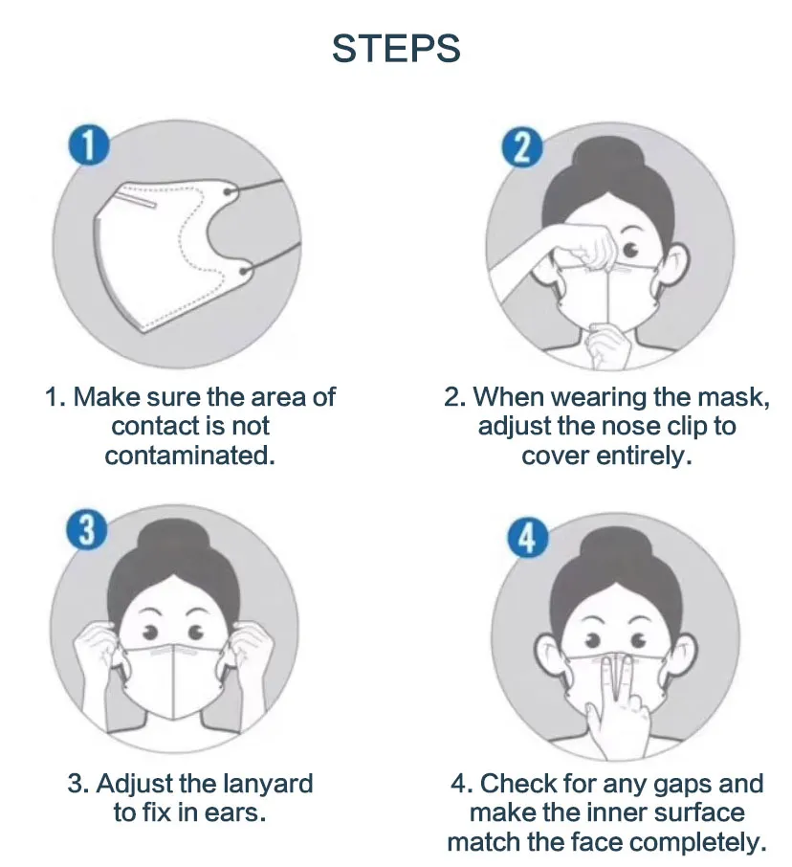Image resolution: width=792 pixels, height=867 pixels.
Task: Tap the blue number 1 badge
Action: click(88, 147)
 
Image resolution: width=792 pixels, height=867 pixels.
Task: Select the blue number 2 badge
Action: click(521, 147)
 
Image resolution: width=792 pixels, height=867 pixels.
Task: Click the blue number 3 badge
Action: click(87, 529)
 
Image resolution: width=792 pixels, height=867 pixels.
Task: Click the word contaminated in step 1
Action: click(190, 456)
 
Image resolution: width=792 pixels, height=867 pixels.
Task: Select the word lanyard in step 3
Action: click(268, 784)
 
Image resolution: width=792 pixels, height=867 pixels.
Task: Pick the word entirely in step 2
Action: click(643, 456)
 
